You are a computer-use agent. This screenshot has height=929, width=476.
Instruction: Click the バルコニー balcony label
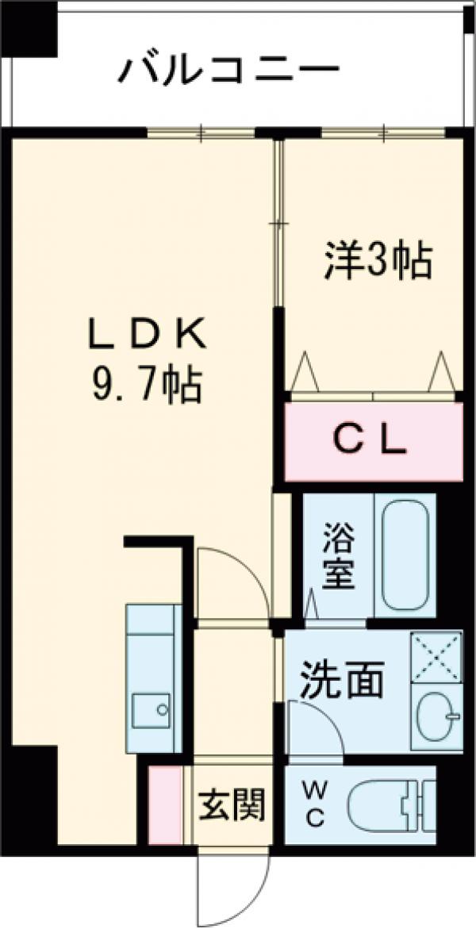[228, 71]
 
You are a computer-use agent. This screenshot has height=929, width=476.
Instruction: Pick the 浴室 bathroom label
[338, 556]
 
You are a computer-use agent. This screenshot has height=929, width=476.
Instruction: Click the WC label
[315, 804]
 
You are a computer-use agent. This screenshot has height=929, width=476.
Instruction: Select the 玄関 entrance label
[231, 806]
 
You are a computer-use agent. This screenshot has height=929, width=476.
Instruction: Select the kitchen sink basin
[151, 708]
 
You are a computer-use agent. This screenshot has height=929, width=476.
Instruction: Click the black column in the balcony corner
[29, 28]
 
